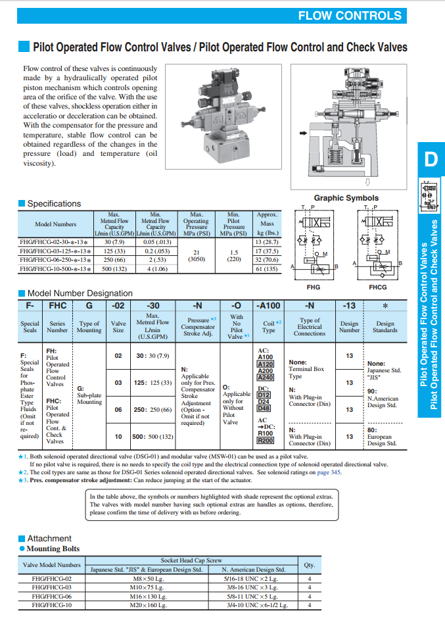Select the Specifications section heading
(x=54, y=204)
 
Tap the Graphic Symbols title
(x=346, y=198)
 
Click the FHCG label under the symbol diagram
(x=378, y=287)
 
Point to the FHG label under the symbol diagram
(x=314, y=287)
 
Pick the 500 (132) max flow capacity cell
(x=115, y=268)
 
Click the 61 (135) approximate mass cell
(x=267, y=268)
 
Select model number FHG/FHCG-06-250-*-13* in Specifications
(x=56, y=259)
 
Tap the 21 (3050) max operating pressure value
(x=196, y=255)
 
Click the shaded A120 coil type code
(x=265, y=364)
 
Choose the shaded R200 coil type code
(x=265, y=441)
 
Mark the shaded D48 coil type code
(x=264, y=409)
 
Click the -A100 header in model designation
(x=268, y=305)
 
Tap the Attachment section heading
(x=49, y=538)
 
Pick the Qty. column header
(x=309, y=564)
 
